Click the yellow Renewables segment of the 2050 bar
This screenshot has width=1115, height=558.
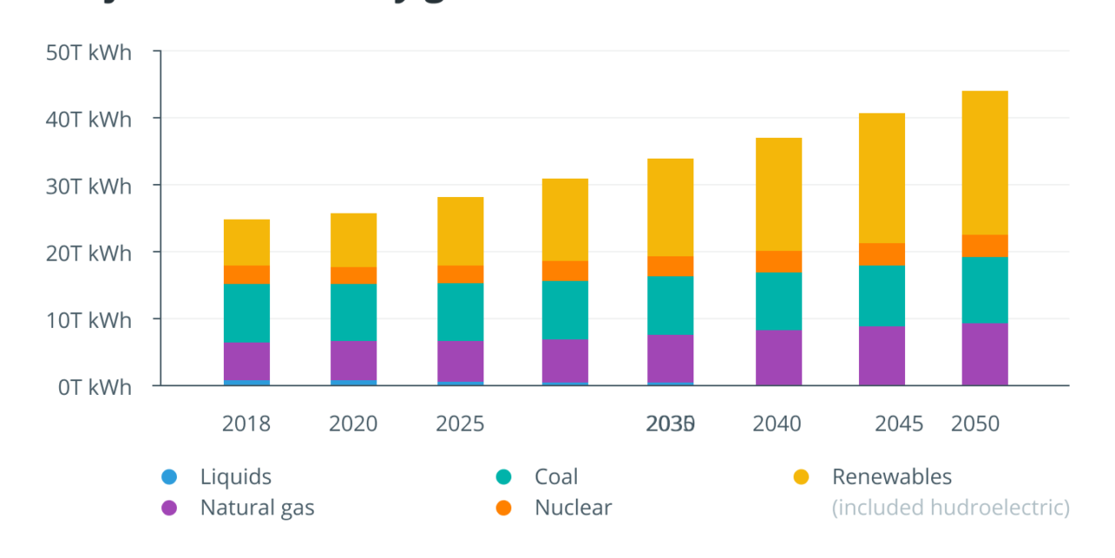(984, 163)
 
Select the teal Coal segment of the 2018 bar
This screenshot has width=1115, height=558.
(247, 313)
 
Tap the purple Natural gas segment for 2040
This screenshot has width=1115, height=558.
(779, 357)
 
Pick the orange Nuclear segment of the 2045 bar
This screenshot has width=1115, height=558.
(882, 254)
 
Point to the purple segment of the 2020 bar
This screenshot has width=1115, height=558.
(354, 360)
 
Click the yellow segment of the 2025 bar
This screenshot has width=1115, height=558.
(460, 231)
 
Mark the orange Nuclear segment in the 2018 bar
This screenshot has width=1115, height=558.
(247, 275)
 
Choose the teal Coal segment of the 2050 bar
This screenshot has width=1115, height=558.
(984, 290)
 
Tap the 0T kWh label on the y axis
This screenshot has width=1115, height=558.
(94, 387)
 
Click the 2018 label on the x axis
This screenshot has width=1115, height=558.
(247, 424)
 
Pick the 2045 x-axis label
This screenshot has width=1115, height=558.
(899, 424)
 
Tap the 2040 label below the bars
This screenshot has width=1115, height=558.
(777, 424)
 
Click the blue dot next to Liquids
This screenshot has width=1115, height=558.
(169, 477)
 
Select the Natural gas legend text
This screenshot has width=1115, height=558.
(257, 507)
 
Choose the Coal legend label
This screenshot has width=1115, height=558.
(556, 477)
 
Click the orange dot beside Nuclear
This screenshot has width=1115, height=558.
(503, 507)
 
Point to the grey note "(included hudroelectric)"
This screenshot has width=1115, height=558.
(950, 507)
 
